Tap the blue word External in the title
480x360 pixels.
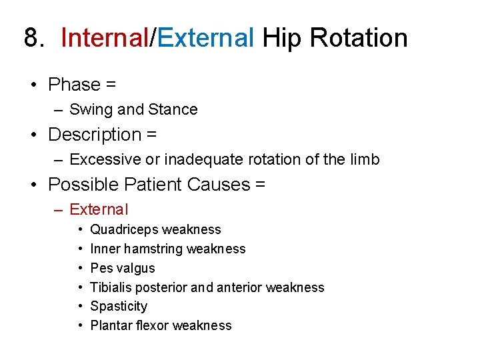(x=206, y=38)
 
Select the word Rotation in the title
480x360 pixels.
(x=359, y=38)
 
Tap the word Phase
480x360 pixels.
(x=74, y=85)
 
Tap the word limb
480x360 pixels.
(x=365, y=159)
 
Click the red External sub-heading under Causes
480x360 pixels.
(x=99, y=209)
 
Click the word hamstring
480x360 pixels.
(x=153, y=249)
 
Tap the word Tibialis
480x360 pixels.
(x=113, y=287)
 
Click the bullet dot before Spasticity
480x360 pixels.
(x=79, y=307)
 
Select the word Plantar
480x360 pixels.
(x=109, y=325)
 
